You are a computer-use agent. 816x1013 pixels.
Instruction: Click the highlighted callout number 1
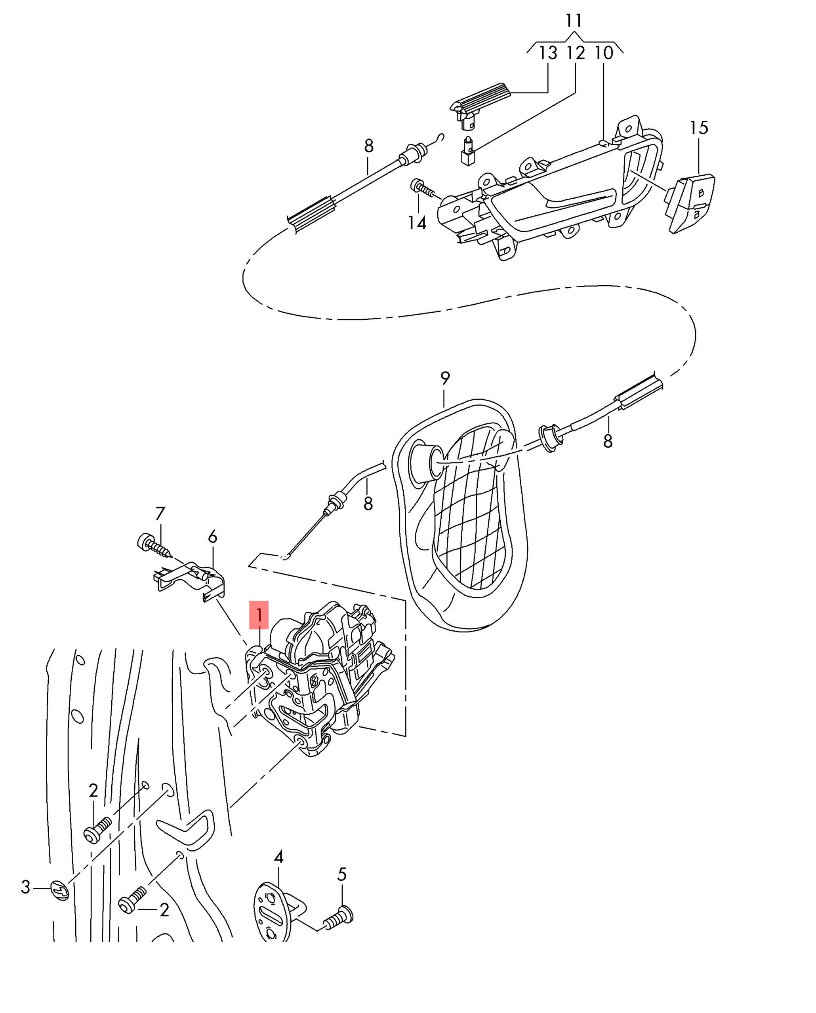[x=259, y=615]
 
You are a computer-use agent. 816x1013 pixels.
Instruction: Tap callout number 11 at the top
[x=574, y=21]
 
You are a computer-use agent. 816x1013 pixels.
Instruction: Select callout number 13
[x=547, y=53]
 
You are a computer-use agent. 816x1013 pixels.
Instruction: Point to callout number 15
[x=699, y=127]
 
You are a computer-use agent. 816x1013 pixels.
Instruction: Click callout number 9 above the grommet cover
[x=445, y=378]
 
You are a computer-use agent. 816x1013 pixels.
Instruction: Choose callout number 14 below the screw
[x=417, y=222]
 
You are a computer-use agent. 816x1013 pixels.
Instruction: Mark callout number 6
[x=213, y=536]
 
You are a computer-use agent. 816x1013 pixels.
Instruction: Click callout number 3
[x=26, y=887]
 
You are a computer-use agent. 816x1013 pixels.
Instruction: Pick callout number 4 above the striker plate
[x=279, y=857]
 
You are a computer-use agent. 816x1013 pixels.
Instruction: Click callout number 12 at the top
[x=576, y=53]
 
